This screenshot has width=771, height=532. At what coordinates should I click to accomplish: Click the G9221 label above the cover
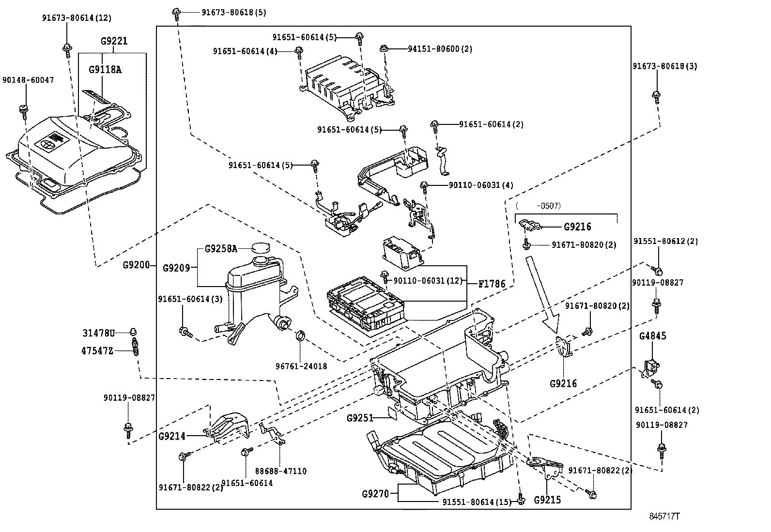point(114,41)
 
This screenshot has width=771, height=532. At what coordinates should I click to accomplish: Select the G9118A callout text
point(105,69)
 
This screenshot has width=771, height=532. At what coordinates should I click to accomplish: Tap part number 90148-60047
point(28,80)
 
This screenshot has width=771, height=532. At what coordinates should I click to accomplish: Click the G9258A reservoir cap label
point(221,249)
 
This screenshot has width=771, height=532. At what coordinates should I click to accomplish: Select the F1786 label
point(492,284)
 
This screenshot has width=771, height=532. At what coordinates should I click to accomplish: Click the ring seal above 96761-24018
point(301,335)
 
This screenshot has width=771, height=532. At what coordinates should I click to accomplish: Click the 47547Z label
point(97,350)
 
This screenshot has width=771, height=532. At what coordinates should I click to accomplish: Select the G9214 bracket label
point(172,436)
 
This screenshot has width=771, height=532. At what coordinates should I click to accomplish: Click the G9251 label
point(360,417)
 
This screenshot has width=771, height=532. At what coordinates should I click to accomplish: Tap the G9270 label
point(376,494)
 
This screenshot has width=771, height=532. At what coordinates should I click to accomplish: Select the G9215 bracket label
point(548,500)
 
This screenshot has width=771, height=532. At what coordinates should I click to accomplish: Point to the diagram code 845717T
point(664,516)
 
